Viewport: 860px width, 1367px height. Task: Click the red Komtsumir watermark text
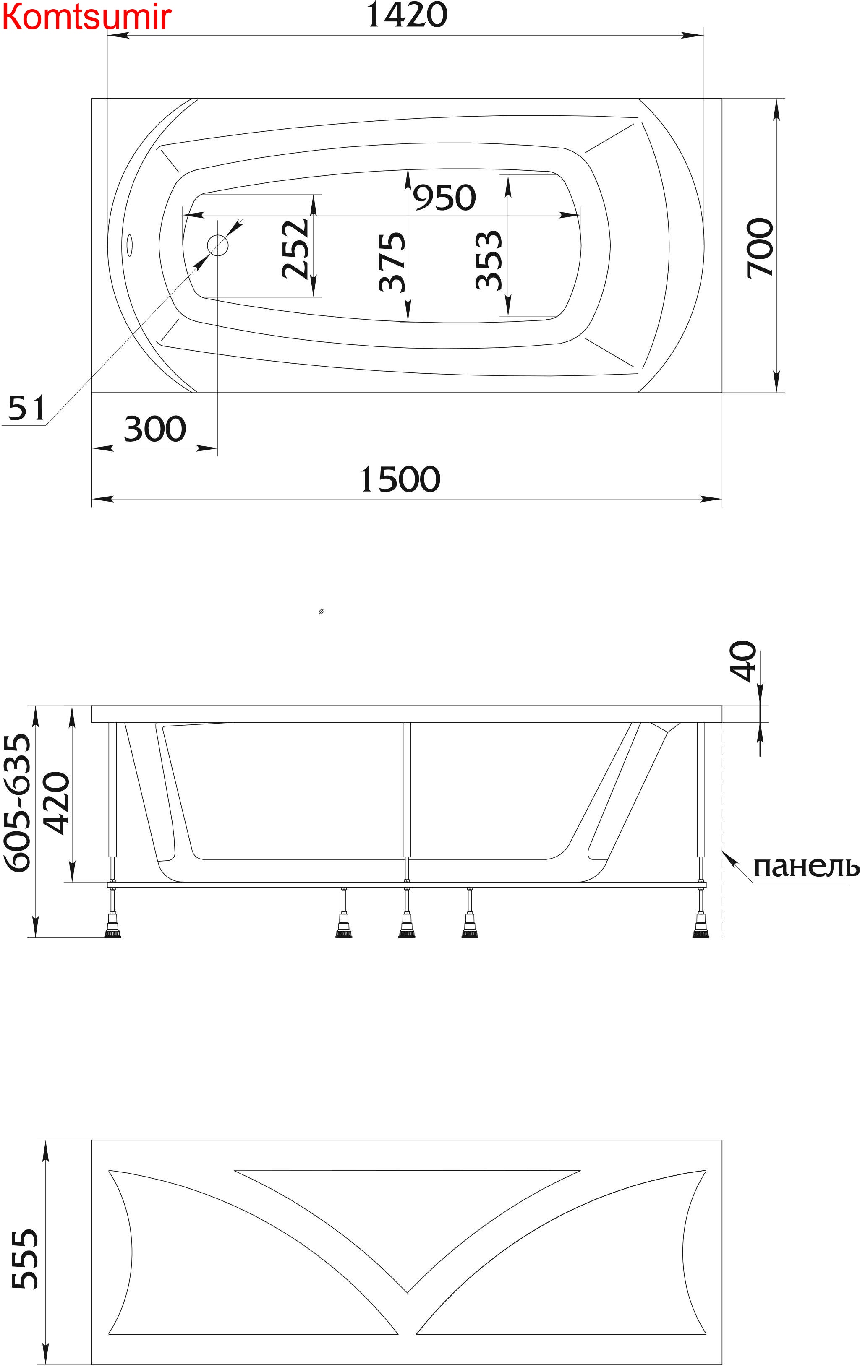(86, 17)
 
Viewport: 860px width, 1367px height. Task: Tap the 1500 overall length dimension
(400, 480)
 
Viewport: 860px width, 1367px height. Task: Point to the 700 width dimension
(761, 247)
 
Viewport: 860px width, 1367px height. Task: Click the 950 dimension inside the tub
(444, 198)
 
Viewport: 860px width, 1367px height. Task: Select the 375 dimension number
(392, 261)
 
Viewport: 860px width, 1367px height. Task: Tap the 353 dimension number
(489, 260)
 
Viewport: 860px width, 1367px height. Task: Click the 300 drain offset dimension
(155, 429)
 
